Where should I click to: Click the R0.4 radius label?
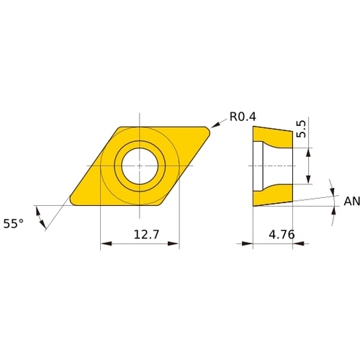(x=243, y=117)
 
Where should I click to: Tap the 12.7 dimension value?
(x=146, y=235)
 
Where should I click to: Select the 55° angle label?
(x=14, y=224)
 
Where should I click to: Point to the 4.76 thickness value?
(x=282, y=235)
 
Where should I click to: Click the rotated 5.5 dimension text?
(x=301, y=129)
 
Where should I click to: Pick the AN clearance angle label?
(x=352, y=201)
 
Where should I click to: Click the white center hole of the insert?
(x=140, y=166)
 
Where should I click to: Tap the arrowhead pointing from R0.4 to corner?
(x=215, y=125)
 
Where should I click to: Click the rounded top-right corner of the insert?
(x=207, y=130)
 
